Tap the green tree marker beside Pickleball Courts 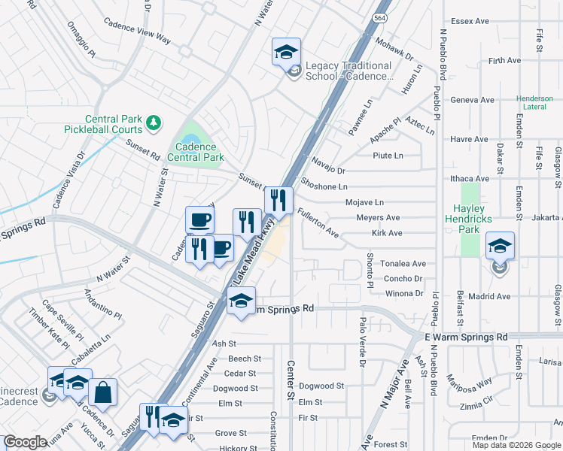point(154,121)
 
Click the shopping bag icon point(102,392)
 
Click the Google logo point(25,442)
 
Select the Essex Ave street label point(470,21)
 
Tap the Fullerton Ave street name point(318,224)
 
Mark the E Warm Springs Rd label point(466,338)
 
